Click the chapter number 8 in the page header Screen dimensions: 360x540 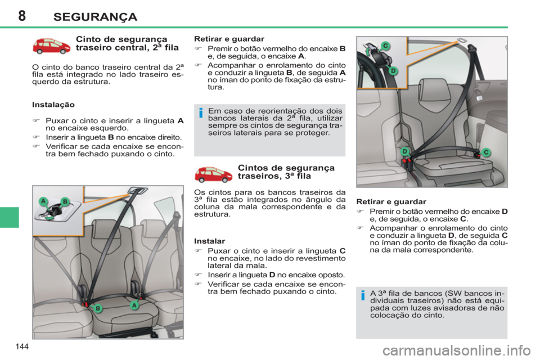[22, 16]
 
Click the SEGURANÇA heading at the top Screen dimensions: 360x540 [94, 16]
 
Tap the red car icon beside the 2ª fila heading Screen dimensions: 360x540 [51, 46]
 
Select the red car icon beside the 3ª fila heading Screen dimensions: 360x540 [213, 174]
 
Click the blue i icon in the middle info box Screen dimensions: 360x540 [200, 115]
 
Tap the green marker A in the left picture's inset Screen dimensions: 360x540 [42, 201]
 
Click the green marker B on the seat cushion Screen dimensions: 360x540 [97, 308]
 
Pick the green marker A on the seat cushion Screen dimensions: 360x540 [134, 304]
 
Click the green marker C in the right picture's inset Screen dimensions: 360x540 [386, 46]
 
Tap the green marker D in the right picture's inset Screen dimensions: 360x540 [394, 70]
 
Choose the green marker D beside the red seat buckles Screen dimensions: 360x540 [404, 152]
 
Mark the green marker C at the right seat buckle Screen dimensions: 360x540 [487, 152]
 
